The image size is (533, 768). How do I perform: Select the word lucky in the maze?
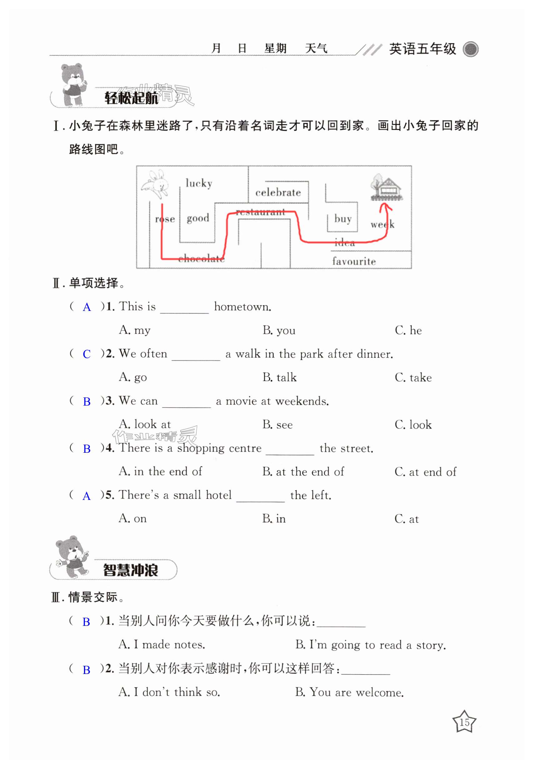199,183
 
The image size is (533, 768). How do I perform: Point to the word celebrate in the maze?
278,192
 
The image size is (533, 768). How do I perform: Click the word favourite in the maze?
354,261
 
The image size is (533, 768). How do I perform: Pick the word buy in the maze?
343,219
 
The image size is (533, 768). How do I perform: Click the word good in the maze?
198,218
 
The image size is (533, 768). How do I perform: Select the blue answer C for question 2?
86,354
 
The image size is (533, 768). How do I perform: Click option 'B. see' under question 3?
278,424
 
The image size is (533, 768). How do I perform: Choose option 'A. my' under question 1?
135,330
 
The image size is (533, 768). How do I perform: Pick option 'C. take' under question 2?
413,378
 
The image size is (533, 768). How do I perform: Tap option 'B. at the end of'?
303,471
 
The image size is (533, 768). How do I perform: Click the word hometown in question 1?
242,307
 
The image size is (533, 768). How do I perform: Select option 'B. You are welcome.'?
349,692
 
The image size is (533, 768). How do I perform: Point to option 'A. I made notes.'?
162,645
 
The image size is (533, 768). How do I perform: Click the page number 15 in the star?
464,723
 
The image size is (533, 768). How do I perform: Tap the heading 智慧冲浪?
131,570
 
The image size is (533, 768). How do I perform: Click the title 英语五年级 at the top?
422,49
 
